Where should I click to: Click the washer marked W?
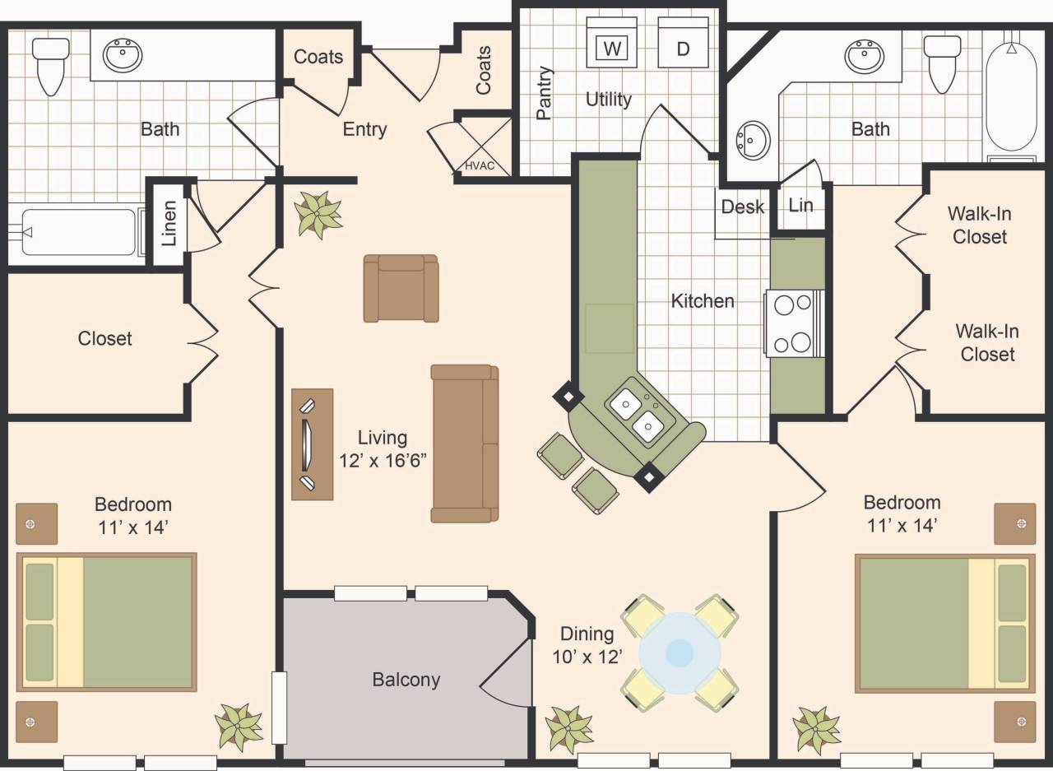(x=611, y=43)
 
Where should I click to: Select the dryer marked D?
(x=683, y=43)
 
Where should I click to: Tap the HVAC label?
(x=480, y=165)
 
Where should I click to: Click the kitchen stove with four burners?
(x=795, y=323)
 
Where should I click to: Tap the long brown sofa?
(x=465, y=444)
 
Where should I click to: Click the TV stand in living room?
(x=313, y=444)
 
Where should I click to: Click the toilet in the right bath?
(x=942, y=61)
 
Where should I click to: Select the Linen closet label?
(x=169, y=224)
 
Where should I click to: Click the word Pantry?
(x=544, y=93)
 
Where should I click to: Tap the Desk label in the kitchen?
(x=742, y=207)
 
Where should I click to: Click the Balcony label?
(x=406, y=680)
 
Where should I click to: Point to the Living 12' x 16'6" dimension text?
(x=383, y=449)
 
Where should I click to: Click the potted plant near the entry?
(x=318, y=214)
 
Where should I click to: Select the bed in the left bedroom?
(x=107, y=622)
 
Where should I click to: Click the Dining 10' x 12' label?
(x=587, y=644)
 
